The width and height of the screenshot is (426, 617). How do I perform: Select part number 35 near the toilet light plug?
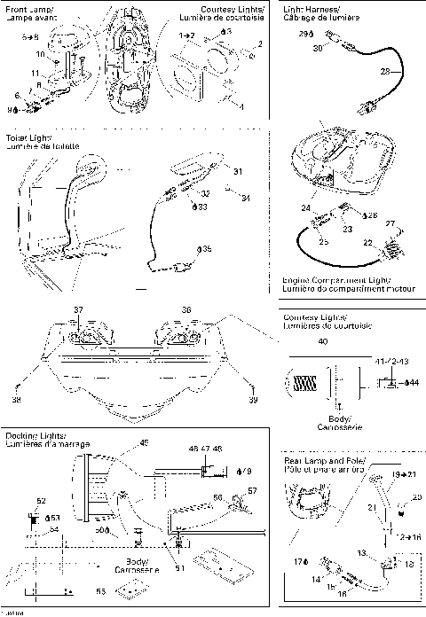coord(206,250)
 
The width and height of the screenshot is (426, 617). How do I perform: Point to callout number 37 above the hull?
coord(78,309)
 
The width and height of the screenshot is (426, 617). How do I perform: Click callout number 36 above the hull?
coord(185,309)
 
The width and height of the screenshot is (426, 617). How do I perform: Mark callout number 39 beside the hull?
coord(253,402)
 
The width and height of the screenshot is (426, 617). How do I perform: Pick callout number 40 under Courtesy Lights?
coord(322,341)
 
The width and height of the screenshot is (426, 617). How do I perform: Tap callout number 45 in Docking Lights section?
coord(144,443)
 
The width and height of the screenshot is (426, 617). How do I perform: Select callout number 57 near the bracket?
coord(251,490)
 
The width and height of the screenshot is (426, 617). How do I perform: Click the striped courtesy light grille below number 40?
coord(304,383)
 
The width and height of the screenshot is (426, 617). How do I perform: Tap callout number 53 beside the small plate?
coord(99,589)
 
